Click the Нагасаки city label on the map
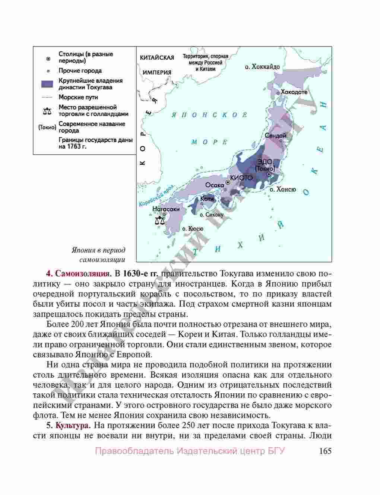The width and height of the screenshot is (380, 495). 166,209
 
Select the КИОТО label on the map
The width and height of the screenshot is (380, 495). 241,178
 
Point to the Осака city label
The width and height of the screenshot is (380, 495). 215,185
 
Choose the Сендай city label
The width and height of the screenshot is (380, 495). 275,136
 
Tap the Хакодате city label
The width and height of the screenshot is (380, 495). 294,92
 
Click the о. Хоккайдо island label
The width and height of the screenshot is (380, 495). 262,67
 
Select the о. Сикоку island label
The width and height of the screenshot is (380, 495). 212,215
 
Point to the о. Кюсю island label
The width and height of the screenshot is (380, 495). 193,229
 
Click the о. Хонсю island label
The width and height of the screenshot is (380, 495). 283,189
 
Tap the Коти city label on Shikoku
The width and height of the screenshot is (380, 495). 207,199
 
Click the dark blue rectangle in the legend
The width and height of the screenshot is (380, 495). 47,84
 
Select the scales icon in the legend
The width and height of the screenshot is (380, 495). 47,111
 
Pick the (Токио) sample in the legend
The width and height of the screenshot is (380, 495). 47,127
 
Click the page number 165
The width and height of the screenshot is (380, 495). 325,451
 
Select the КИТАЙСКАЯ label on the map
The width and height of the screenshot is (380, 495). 157,57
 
